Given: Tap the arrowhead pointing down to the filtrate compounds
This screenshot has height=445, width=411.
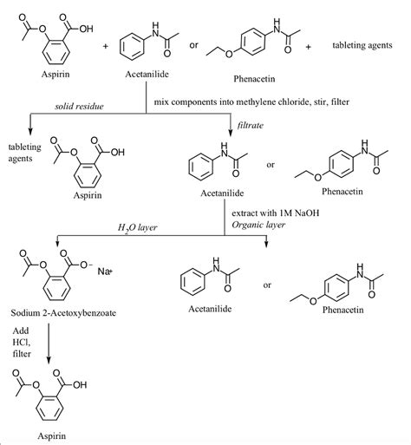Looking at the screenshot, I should coord(231,131).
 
